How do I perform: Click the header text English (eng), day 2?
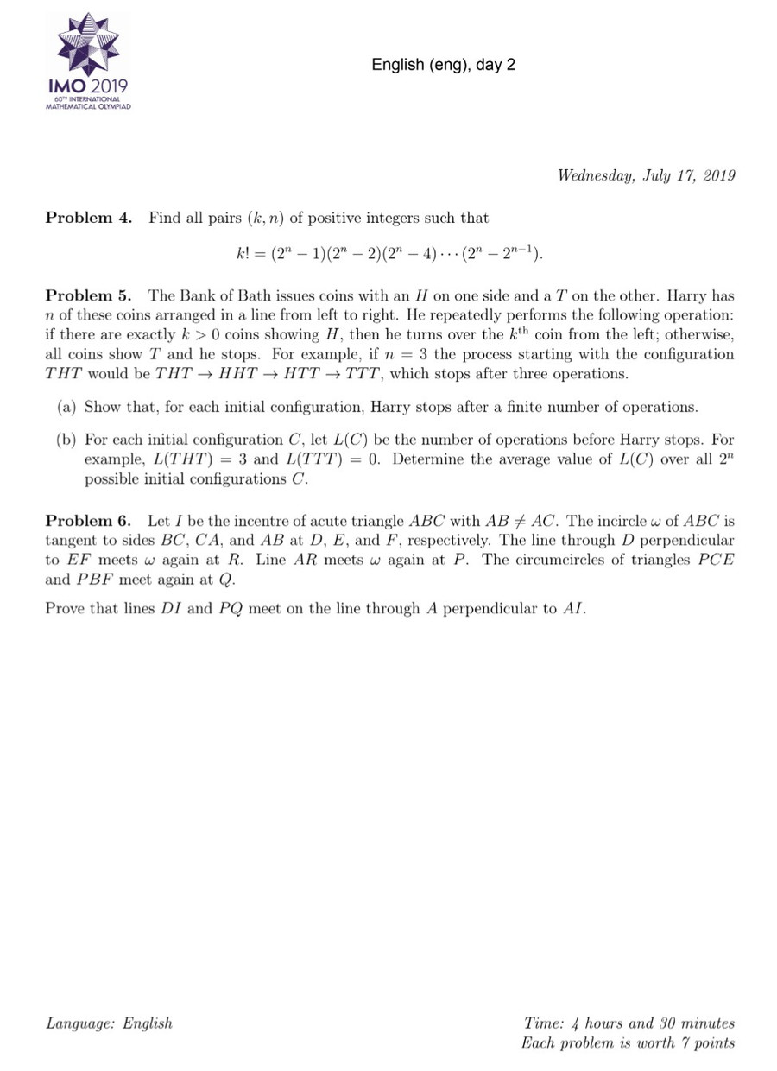[x=443, y=65]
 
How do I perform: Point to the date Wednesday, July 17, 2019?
[x=646, y=176]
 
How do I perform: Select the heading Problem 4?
[x=89, y=218]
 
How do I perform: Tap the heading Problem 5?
[x=89, y=296]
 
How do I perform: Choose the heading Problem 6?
[x=89, y=521]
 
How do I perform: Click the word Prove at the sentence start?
[x=65, y=608]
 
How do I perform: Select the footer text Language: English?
[x=109, y=1023]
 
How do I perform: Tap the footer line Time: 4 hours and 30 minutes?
[x=629, y=1023]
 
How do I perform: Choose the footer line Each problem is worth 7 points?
[x=628, y=1042]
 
